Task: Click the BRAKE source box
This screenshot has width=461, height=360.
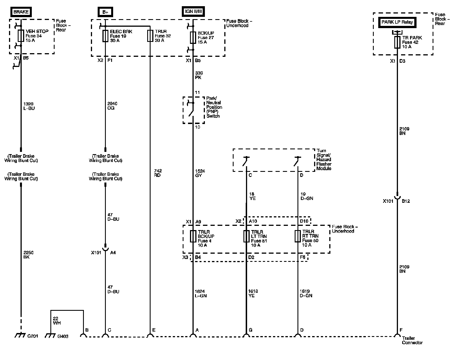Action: point(21,12)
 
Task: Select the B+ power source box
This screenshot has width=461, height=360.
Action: point(105,12)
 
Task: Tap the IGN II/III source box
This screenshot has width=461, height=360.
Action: point(193,12)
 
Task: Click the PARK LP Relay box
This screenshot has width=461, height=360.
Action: point(397,22)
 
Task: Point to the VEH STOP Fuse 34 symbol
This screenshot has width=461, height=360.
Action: point(21,36)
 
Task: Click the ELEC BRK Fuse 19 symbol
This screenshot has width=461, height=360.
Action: point(105,36)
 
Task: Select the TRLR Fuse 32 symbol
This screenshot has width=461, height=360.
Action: point(150,36)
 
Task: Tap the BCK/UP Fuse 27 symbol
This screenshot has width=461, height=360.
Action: point(193,38)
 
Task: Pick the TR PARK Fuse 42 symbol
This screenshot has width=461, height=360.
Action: point(397,42)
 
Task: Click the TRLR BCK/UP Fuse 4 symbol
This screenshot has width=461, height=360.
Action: point(193,236)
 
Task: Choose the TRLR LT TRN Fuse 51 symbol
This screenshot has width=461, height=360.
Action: point(246,236)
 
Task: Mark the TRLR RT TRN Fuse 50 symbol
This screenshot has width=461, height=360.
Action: point(298,236)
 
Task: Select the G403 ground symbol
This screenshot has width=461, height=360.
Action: point(50,336)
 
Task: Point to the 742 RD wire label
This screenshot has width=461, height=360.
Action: point(157,173)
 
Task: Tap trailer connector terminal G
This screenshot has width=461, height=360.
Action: point(246,335)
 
